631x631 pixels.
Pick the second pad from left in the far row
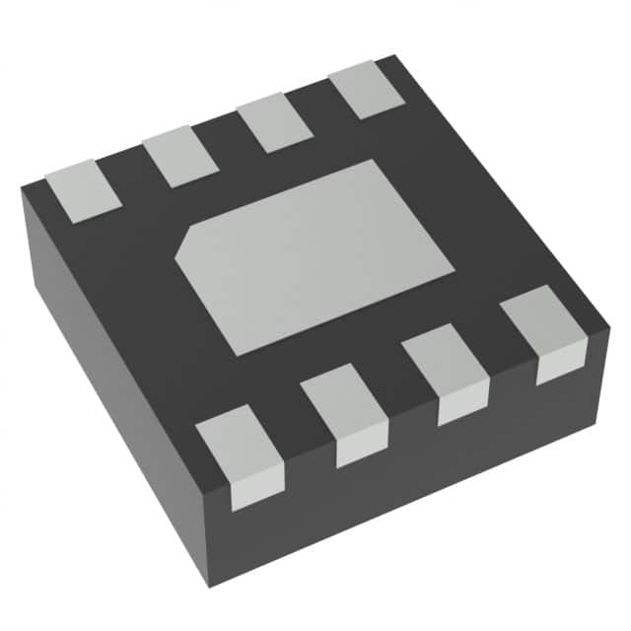pos(180,157)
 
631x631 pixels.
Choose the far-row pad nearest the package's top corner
pos(367,90)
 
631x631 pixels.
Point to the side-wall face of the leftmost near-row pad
pos(257,494)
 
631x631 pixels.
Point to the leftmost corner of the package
pos(22,194)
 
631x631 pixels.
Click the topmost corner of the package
pos(392,55)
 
